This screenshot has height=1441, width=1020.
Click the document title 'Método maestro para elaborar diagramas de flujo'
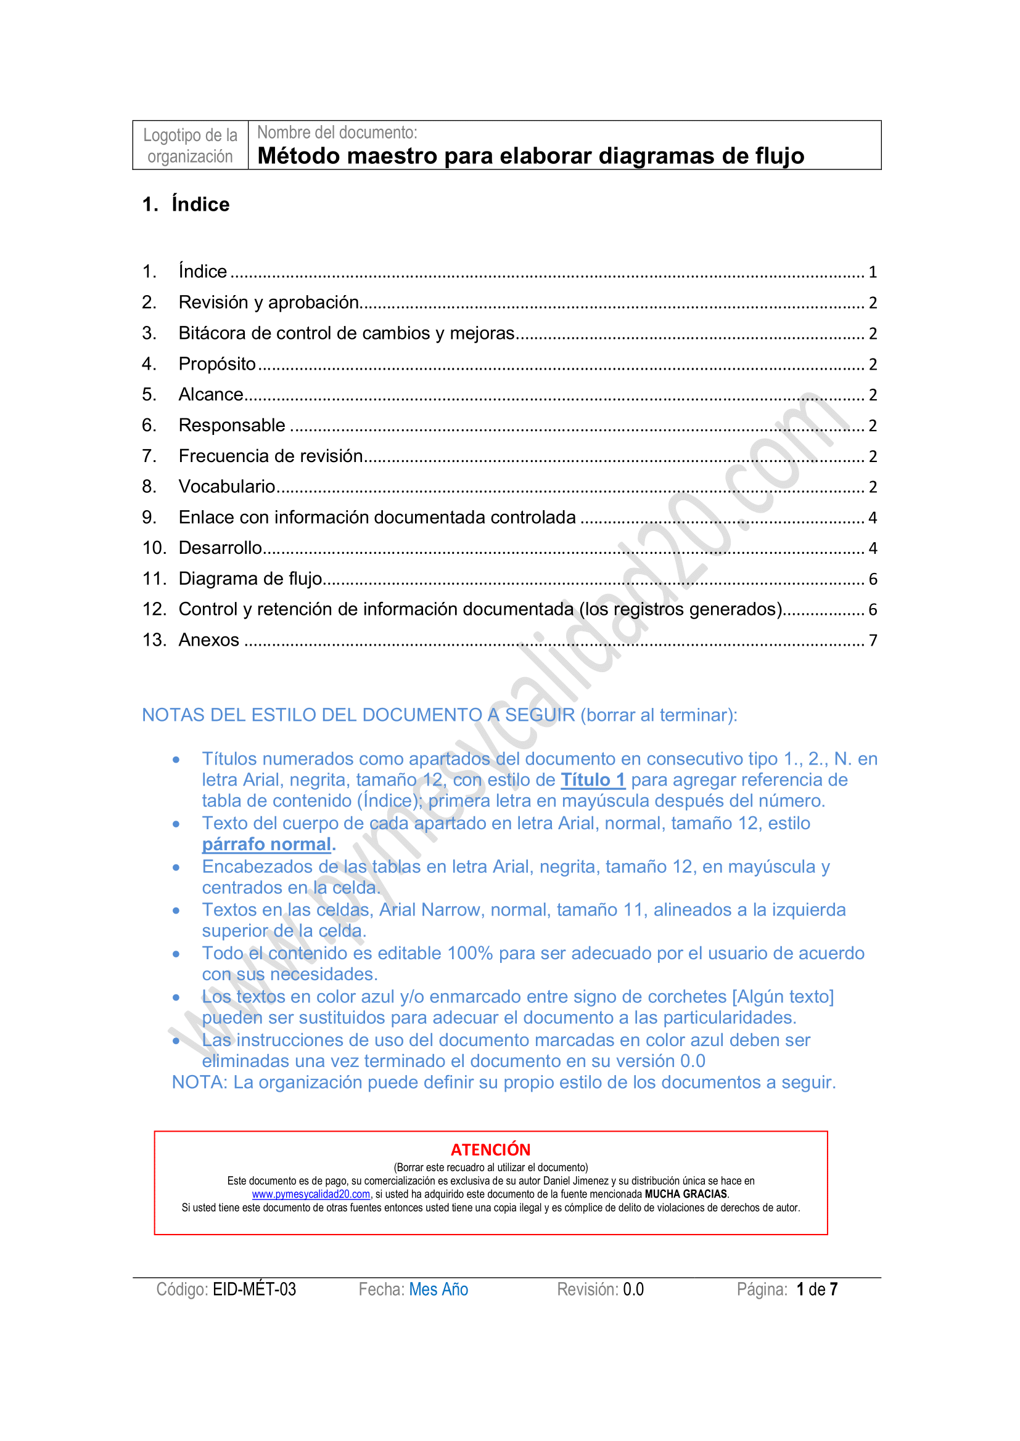[x=531, y=156]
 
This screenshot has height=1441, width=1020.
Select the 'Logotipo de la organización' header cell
[x=191, y=145]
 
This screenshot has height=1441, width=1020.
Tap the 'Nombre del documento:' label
[x=337, y=132]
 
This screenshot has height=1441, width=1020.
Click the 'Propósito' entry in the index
[x=217, y=364]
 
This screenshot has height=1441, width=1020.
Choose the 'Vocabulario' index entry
[x=227, y=487]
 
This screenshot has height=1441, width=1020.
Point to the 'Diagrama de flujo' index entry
[x=250, y=578]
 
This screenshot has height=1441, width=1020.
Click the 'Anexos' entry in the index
[x=209, y=640]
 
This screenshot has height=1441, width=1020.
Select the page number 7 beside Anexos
[x=873, y=641]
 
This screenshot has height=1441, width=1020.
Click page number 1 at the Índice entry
[x=873, y=272]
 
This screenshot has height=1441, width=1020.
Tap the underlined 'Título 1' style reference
[x=593, y=780]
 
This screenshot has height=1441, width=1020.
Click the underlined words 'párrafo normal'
[x=266, y=845]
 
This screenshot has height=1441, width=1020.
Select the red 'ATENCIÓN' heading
[x=490, y=1150]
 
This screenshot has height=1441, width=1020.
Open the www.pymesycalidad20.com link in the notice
[x=311, y=1195]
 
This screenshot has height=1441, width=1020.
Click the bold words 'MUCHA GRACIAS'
[x=686, y=1195]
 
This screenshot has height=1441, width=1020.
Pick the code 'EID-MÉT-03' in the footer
[x=254, y=1289]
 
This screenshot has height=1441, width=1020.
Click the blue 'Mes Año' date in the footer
[x=438, y=1289]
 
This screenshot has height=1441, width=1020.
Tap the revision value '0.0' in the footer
[x=633, y=1289]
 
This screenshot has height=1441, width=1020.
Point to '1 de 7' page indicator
[x=816, y=1289]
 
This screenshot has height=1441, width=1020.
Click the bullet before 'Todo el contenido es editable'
[x=176, y=954]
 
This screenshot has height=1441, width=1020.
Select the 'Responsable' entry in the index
[x=232, y=426]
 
